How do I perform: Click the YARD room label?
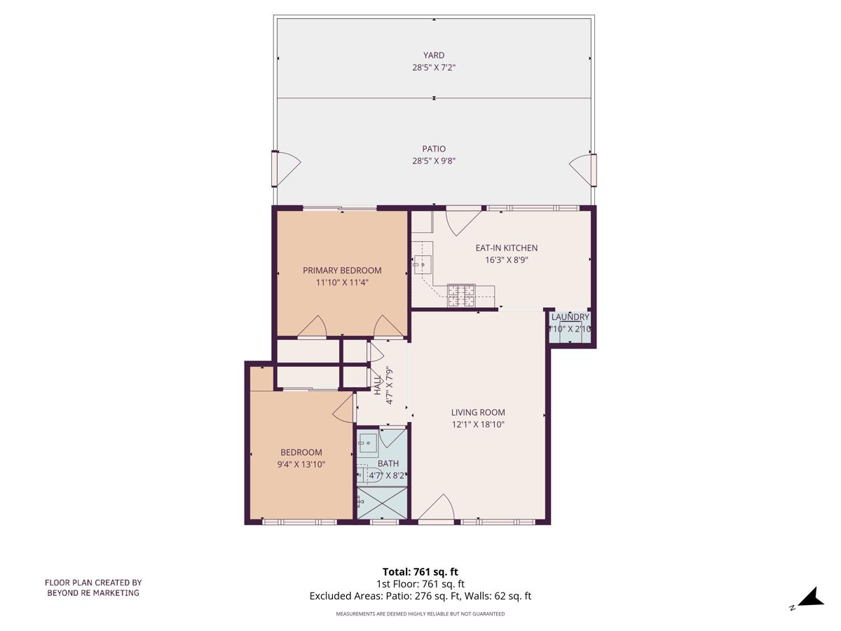(433, 55)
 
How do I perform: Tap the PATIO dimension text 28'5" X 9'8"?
(433, 161)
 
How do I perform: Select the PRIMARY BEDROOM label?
(342, 271)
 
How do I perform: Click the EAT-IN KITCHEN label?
(506, 248)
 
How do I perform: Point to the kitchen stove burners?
(461, 295)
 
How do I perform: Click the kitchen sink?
(423, 264)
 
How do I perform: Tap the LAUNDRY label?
(570, 318)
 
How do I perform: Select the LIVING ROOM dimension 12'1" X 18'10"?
(478, 425)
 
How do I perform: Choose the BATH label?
(388, 463)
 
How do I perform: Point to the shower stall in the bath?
(382, 503)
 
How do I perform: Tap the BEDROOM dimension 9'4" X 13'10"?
(301, 464)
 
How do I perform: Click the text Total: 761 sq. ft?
(420, 571)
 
